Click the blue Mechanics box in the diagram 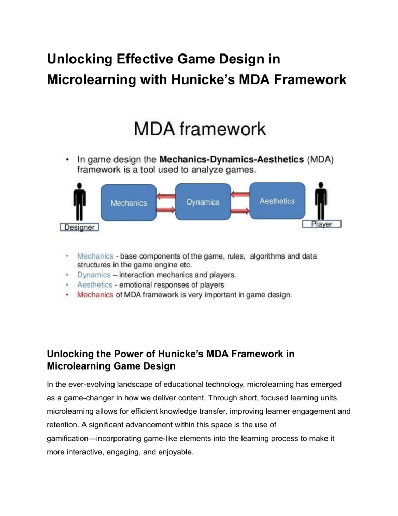pyautogui.click(x=129, y=202)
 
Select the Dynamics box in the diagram pyautogui.click(x=203, y=202)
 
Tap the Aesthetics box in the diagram pyautogui.click(x=277, y=201)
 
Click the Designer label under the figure pyautogui.click(x=79, y=227)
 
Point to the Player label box pyautogui.click(x=321, y=224)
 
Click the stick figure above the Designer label pyautogui.click(x=79, y=201)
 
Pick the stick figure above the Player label pyautogui.click(x=321, y=200)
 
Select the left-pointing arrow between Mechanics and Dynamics pyautogui.click(x=166, y=196)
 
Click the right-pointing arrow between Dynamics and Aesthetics pyautogui.click(x=240, y=211)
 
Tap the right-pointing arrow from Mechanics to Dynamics pyautogui.click(x=166, y=209)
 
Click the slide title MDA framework pyautogui.click(x=200, y=129)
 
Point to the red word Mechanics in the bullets pyautogui.click(x=95, y=295)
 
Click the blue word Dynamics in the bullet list pyautogui.click(x=94, y=275)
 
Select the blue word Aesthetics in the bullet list pyautogui.click(x=95, y=284)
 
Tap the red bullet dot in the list pyautogui.click(x=67, y=295)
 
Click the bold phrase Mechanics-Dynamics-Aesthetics pyautogui.click(x=232, y=159)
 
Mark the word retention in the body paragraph pyautogui.click(x=62, y=425)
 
